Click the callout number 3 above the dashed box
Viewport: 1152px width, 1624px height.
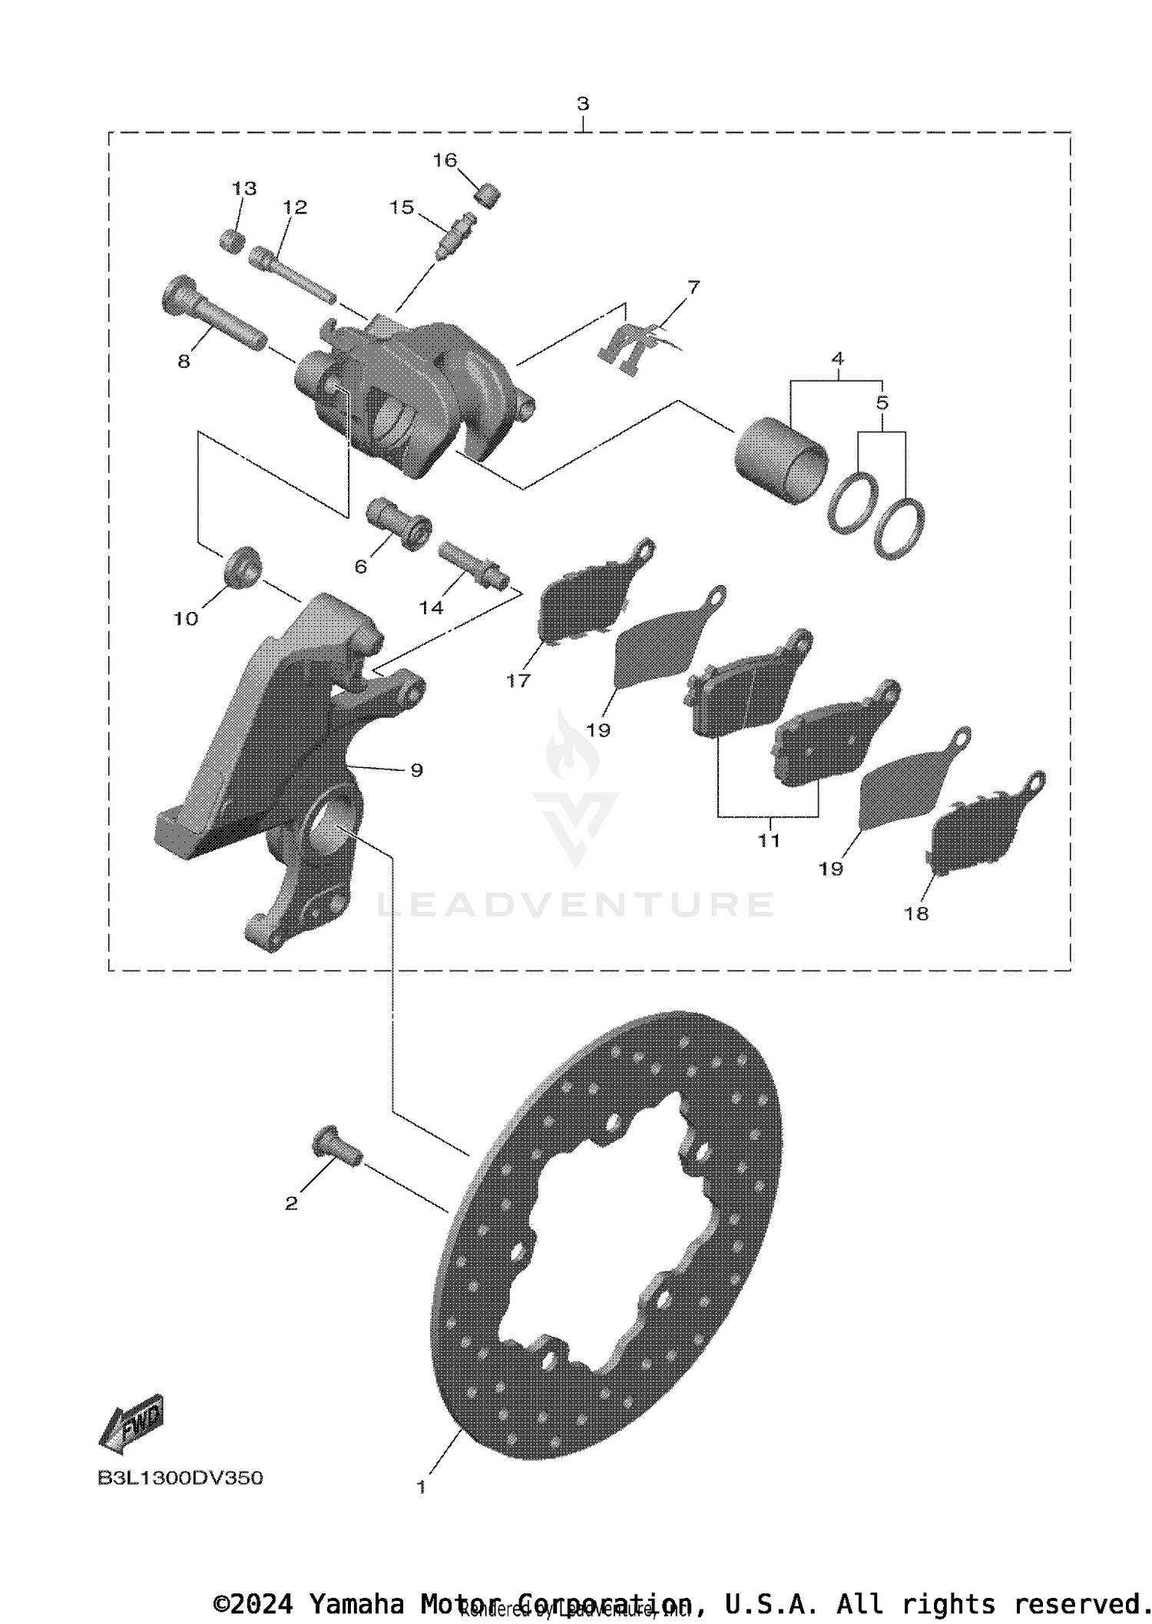[x=583, y=104]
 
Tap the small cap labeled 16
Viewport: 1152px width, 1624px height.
[x=488, y=195]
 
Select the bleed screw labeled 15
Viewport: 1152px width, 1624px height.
[x=454, y=237]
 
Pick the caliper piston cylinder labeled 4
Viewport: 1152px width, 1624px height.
[x=782, y=460]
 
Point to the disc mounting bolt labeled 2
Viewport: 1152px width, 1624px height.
[x=336, y=1149]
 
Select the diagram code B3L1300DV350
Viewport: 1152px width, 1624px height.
[x=180, y=1478]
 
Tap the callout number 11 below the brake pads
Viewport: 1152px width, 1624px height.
[x=769, y=841]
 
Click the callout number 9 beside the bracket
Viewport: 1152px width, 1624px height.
[x=416, y=770]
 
